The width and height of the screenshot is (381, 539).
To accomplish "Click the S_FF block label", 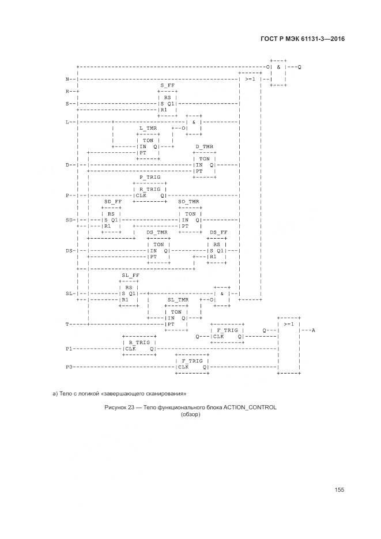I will pos(168,85).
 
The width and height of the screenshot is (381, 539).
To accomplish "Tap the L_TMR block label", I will pos(148,128).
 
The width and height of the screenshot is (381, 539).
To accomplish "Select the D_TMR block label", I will pos(205,146).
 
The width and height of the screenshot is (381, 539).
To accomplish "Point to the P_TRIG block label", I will pos(149,177).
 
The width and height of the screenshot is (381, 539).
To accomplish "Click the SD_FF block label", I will pos(113,202).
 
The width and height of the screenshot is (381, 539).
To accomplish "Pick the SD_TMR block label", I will pos(188,202).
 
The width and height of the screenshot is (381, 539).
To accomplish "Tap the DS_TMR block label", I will pos(157,232).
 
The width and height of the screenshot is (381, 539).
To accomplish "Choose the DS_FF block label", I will pos(218,232).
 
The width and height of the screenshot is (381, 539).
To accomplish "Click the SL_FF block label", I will pos(130,275).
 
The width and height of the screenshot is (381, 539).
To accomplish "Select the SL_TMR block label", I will pos(178,300).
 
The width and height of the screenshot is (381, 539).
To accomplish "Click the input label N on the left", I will pos(68,79).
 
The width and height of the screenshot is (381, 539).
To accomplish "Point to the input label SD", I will pos(70,220).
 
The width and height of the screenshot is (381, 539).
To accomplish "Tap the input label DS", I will pos(70,250).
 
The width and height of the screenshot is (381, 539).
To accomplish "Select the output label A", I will pos(313,330).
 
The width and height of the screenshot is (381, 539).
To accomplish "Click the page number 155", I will pos(339,489).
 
